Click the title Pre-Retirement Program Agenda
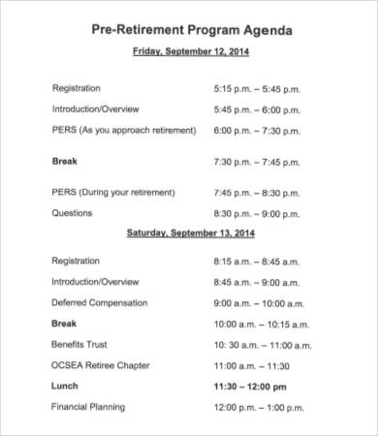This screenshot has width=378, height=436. click(189, 30)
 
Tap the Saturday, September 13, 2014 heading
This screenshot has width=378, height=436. click(189, 234)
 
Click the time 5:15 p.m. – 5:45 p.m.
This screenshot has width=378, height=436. click(256, 87)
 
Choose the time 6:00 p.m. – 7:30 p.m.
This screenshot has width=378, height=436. click(256, 130)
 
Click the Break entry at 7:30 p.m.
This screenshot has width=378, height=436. click(64, 161)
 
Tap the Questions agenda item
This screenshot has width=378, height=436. click(73, 213)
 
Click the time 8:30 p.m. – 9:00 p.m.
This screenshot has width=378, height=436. click(256, 213)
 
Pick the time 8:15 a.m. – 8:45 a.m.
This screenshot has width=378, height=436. click(256, 261)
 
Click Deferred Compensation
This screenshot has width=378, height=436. click(100, 302)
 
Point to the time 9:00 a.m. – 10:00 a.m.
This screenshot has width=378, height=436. click(259, 303)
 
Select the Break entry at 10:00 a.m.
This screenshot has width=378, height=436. click(64, 324)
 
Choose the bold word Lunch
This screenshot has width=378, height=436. click(65, 386)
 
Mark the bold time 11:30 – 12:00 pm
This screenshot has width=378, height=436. click(250, 387)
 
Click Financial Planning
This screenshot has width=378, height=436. click(88, 407)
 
